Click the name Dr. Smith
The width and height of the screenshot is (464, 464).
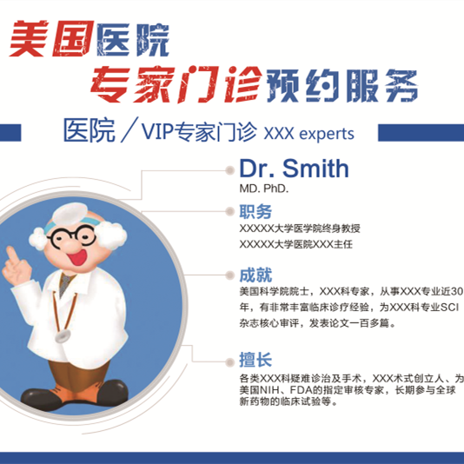pyautogui.click(x=294, y=169)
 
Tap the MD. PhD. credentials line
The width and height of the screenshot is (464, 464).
pyautogui.click(x=264, y=189)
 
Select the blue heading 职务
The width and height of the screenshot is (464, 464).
pyautogui.click(x=255, y=211)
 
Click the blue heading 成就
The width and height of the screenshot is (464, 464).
pyautogui.click(x=255, y=275)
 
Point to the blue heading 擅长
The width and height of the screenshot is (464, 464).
pyautogui.click(x=255, y=360)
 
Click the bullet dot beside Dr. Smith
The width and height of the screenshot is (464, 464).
pyautogui.click(x=229, y=170)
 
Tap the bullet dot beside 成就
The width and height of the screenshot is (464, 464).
pyautogui.click(x=229, y=275)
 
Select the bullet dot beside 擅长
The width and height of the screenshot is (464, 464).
pyautogui.click(x=229, y=362)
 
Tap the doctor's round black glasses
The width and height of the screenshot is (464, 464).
pyautogui.click(x=72, y=235)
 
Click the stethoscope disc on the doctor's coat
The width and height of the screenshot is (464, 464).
pyautogui.click(x=63, y=336)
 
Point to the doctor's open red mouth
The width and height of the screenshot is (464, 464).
pyautogui.click(x=77, y=257)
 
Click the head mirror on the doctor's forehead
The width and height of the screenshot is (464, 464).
pyautogui.click(x=70, y=214)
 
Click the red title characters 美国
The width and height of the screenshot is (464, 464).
pyautogui.click(x=51, y=38)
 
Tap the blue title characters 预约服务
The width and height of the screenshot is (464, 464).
pyautogui.click(x=342, y=85)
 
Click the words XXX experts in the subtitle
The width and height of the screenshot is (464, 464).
pyautogui.click(x=308, y=134)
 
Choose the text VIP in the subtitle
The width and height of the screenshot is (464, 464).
pyautogui.click(x=156, y=131)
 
